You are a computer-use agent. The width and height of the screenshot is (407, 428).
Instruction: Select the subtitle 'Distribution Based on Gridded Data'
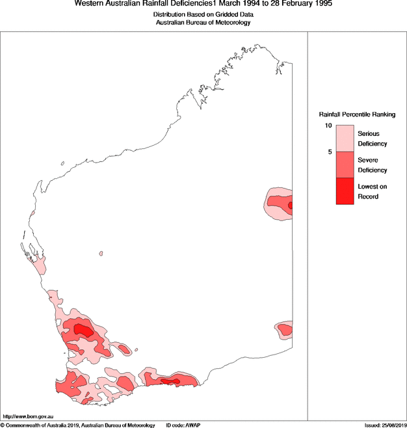click(203, 14)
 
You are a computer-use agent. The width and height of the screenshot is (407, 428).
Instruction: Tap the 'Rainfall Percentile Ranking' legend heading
click(356, 114)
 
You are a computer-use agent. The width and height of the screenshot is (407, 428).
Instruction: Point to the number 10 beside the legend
click(329, 126)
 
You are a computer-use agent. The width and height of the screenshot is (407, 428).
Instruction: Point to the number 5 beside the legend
click(330, 152)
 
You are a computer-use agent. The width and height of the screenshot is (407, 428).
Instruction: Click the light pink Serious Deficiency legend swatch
click(345, 139)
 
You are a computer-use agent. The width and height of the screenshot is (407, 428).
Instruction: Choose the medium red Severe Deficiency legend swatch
click(345, 165)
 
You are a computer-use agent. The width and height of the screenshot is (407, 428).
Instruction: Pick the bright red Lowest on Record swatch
click(345, 191)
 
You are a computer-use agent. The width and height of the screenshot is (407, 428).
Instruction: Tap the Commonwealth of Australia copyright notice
click(78, 425)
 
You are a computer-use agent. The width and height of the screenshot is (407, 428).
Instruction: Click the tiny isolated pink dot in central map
click(101, 254)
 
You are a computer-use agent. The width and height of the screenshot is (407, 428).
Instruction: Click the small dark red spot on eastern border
click(290, 206)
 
